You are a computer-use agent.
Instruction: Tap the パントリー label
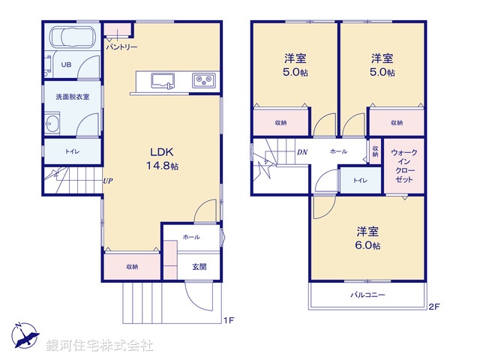point(121,47)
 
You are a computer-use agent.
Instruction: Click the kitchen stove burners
point(202,80)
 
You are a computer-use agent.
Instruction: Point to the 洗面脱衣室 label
point(72,97)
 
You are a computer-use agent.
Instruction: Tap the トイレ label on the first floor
point(72,152)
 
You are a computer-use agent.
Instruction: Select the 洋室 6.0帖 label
point(367,238)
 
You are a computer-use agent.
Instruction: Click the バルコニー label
point(367,295)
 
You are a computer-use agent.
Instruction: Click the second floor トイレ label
point(360,180)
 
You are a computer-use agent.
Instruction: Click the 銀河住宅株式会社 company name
point(99,346)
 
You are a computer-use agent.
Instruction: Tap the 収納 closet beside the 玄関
point(132,266)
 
